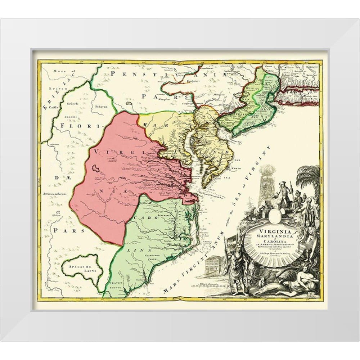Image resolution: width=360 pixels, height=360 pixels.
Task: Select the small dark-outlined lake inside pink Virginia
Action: (96, 168)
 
